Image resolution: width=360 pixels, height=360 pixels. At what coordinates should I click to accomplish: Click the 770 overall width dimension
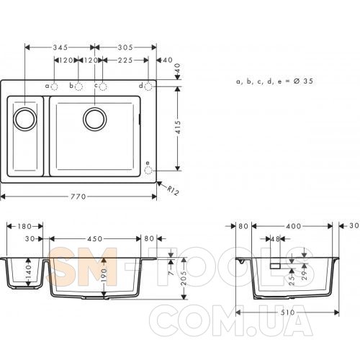click(78, 197)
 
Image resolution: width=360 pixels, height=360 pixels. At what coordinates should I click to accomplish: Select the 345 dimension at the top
click(60, 48)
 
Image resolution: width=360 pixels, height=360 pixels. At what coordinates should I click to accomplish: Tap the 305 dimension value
click(125, 48)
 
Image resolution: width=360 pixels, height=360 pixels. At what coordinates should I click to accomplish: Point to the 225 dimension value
click(125, 60)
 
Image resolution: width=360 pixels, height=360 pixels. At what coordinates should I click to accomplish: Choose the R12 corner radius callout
click(173, 191)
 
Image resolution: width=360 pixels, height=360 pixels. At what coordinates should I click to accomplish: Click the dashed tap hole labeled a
click(55, 86)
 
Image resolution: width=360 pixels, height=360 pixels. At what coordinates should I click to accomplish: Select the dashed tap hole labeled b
click(78, 86)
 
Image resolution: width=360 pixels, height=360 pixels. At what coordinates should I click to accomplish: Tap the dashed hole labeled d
click(148, 86)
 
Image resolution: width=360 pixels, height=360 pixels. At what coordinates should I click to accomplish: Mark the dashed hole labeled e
click(148, 171)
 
